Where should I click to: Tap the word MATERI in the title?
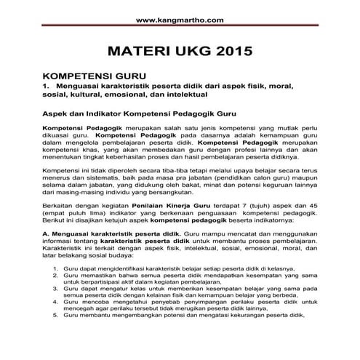click(137, 52)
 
